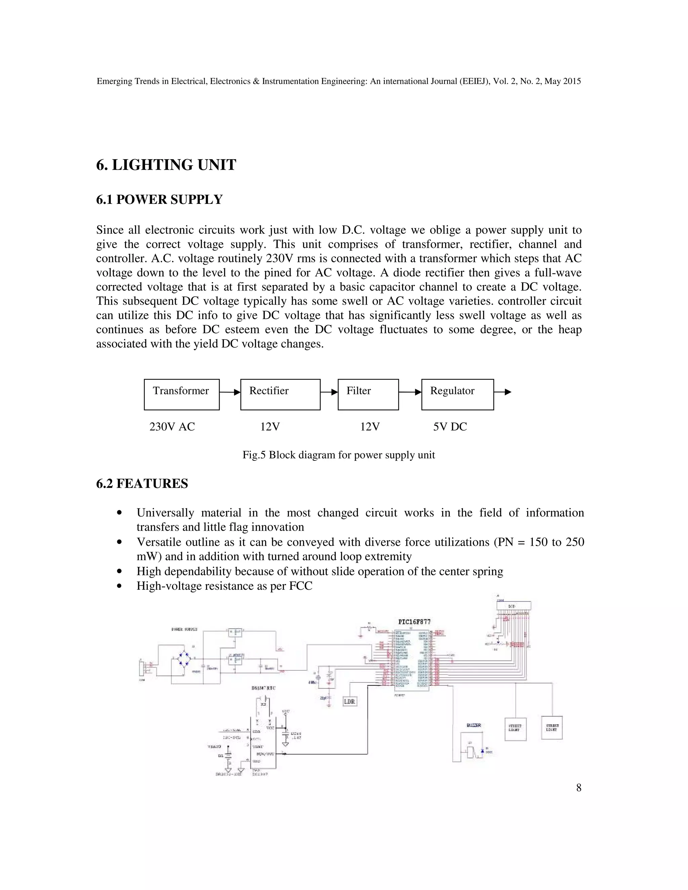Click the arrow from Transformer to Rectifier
[230, 392]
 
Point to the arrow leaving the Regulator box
[503, 392]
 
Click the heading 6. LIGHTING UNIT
[166, 165]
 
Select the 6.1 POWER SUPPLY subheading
[159, 200]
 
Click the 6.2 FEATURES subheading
[142, 484]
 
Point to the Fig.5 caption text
[338, 455]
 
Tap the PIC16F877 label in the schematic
[414, 622]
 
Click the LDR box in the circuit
[350, 701]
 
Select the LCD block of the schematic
[513, 606]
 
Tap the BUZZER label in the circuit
[474, 725]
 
